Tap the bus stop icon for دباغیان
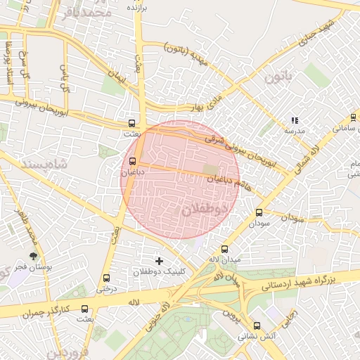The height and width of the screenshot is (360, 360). coord(133,160)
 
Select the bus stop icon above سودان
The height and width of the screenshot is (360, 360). coord(259,212)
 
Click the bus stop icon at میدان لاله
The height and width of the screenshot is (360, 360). coord(225,249)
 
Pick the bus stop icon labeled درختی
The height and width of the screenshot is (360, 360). coord(106,278)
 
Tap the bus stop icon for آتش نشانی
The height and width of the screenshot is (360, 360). coord(257,326)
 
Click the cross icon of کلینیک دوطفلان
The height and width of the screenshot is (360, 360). coord(159,261)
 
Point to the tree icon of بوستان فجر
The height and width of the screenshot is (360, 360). coord(32,257)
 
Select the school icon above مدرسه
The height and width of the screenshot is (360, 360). coord(295,120)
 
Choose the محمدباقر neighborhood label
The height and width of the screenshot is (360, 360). coord(87,13)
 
